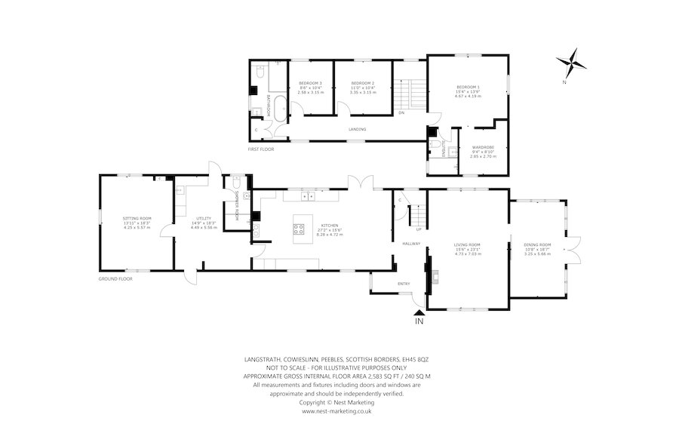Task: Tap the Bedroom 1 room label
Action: tap(468, 87)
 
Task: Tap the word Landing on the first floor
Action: tap(358, 130)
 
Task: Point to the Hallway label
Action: tap(410, 244)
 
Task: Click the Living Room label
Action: tap(467, 245)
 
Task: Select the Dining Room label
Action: tap(539, 245)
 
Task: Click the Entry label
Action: tap(404, 284)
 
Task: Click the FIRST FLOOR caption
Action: tap(261, 149)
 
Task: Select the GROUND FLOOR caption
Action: tap(115, 279)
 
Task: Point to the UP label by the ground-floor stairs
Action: tap(419, 229)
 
